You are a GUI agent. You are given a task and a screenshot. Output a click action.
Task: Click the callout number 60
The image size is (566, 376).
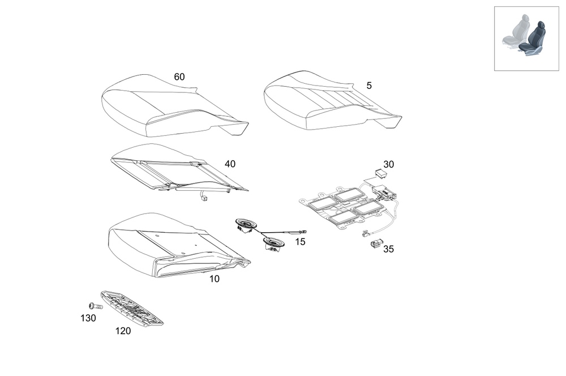pyautogui.click(x=179, y=77)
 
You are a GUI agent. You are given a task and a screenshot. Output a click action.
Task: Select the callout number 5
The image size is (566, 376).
pyautogui.click(x=369, y=86)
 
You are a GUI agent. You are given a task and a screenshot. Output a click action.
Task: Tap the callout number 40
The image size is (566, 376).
pyautogui.click(x=230, y=164)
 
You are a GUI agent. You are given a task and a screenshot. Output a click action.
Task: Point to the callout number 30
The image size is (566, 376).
pyautogui.click(x=388, y=164)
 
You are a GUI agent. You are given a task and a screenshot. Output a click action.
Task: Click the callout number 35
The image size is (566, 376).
pyautogui.click(x=388, y=249)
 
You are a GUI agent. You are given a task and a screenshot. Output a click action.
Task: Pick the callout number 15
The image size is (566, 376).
pyautogui.click(x=300, y=242)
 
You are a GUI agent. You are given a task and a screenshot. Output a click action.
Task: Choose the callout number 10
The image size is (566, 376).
pyautogui.click(x=214, y=279)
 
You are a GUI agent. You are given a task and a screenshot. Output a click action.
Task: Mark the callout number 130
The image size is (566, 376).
pyautogui.click(x=88, y=318)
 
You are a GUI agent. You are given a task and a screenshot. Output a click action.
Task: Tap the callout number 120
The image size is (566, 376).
pyautogui.click(x=123, y=331)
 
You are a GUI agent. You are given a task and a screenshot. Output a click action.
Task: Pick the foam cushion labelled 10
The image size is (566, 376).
pyautogui.click(x=170, y=243)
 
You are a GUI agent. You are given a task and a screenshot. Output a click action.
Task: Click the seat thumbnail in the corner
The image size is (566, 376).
pyautogui.click(x=526, y=39)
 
